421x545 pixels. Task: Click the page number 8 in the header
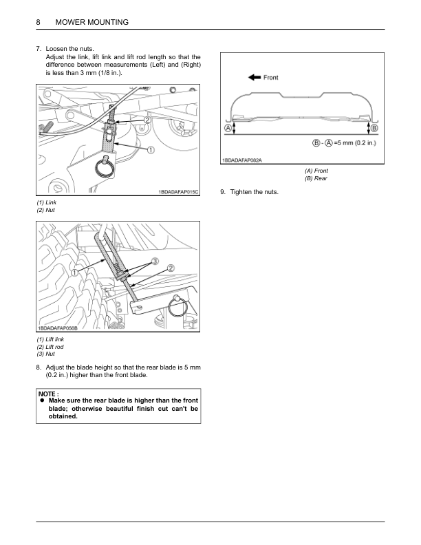coord(39,23)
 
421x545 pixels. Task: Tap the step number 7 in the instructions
coord(39,50)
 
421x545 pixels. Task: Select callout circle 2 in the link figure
coord(148,120)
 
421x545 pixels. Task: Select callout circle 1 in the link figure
coord(150,149)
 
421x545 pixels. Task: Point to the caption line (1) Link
coord(47,203)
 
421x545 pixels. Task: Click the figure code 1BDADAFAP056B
coord(58,330)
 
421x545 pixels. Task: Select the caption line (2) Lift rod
coord(50,347)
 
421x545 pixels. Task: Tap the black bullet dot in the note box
coord(41,400)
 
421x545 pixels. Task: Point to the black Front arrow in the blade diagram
coord(252,78)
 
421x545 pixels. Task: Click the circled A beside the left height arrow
coord(227,129)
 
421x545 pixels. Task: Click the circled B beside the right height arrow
coord(374,128)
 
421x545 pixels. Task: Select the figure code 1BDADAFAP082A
coord(242,161)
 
